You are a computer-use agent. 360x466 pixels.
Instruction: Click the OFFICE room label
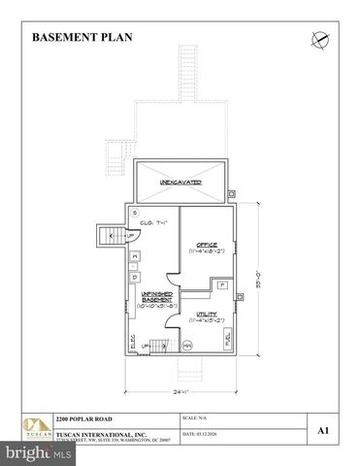pyautogui.click(x=206, y=245)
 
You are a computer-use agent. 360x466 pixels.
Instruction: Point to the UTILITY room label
pyautogui.click(x=206, y=314)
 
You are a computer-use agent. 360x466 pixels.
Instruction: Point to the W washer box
pyautogui.click(x=135, y=255)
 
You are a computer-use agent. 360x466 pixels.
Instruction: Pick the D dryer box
pyautogui.click(x=135, y=272)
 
